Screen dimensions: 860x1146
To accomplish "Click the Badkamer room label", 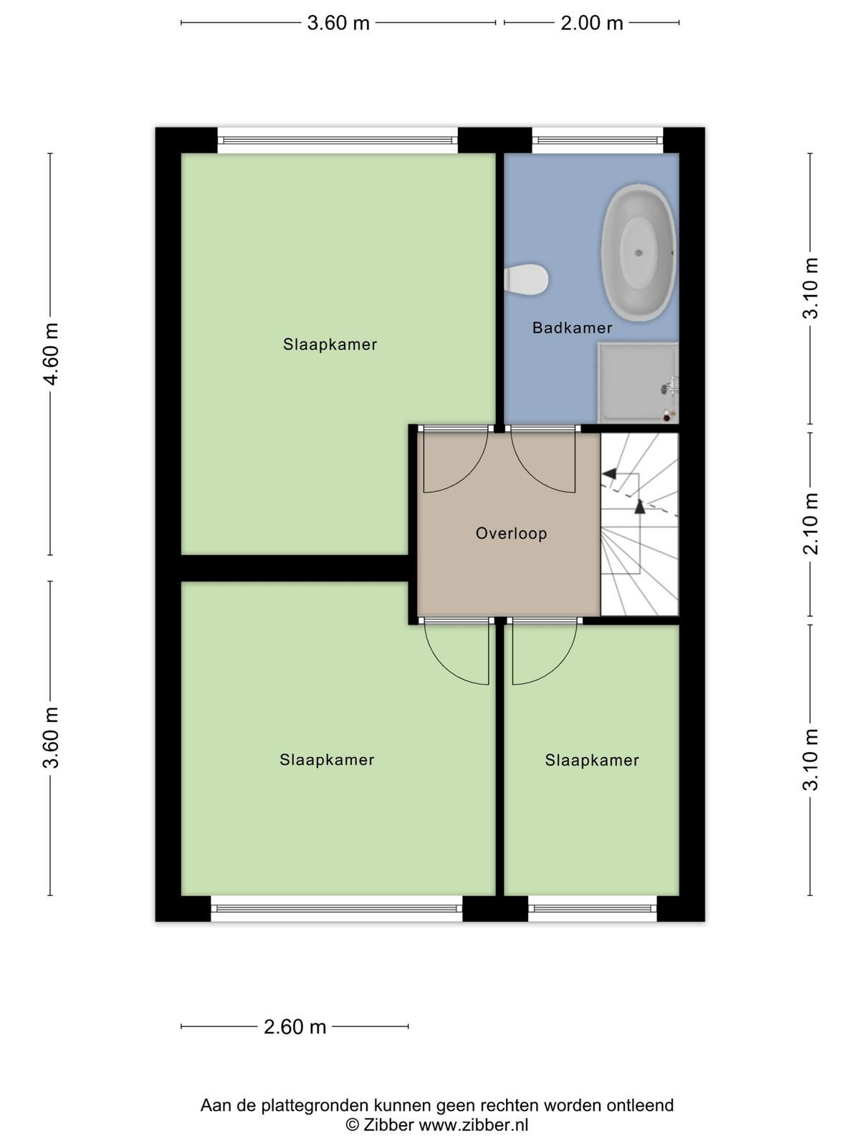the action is pos(572,328).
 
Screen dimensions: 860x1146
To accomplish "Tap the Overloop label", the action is pos(511,534).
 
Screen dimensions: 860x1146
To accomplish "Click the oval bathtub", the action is pos(639,252).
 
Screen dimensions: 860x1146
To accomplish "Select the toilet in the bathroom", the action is pos(526,279).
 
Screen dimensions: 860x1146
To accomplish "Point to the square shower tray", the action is pos(638,382).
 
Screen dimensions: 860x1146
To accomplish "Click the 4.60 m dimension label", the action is pos(52,353).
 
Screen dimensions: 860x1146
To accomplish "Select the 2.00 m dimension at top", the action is pos(592,24).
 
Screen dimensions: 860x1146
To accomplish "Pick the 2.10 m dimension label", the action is pos(811,524).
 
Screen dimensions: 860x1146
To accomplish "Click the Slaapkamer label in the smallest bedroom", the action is pos(592,760).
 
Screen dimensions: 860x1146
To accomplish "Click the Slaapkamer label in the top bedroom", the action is pos(330,345).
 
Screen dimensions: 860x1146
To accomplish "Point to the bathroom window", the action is pos(598,140).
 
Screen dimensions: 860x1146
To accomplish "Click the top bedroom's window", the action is pos(338,140).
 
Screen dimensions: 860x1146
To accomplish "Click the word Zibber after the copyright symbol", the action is pos(388,1125).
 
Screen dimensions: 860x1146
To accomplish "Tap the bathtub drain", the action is pos(638,253).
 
